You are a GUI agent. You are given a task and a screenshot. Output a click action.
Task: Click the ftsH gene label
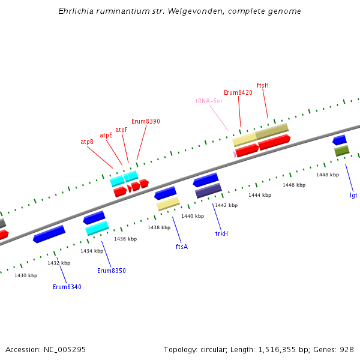click(x=263, y=85)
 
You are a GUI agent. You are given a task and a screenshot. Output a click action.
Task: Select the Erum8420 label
click(x=238, y=92)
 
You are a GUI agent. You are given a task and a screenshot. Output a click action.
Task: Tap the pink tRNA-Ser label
click(x=209, y=101)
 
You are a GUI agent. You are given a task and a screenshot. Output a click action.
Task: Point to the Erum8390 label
click(x=146, y=121)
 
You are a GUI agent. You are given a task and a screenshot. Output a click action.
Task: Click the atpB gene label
click(x=87, y=142)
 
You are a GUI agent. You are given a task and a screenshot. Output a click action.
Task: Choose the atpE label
click(x=106, y=135)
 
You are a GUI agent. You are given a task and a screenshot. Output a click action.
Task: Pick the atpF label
click(x=122, y=130)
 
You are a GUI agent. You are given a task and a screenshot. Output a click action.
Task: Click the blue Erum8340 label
click(x=67, y=287)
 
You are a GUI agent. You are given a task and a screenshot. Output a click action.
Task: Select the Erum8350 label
click(x=112, y=271)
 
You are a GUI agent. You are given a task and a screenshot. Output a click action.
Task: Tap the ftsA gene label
click(x=182, y=247)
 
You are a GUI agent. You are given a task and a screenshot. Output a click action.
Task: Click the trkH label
click(x=221, y=233)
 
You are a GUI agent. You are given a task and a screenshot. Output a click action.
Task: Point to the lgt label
click(x=353, y=195)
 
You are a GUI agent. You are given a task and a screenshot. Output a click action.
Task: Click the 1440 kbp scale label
click(x=193, y=216)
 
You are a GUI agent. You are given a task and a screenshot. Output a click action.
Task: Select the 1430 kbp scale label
click(x=26, y=275)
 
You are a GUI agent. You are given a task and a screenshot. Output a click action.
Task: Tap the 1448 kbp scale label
click(x=328, y=175)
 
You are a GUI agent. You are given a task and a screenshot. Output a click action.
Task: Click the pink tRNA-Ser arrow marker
click(x=235, y=154)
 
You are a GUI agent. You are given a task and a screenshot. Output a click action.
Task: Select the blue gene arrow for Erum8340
click(x=49, y=234)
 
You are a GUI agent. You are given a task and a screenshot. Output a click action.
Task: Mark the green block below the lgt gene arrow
click(x=341, y=151)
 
